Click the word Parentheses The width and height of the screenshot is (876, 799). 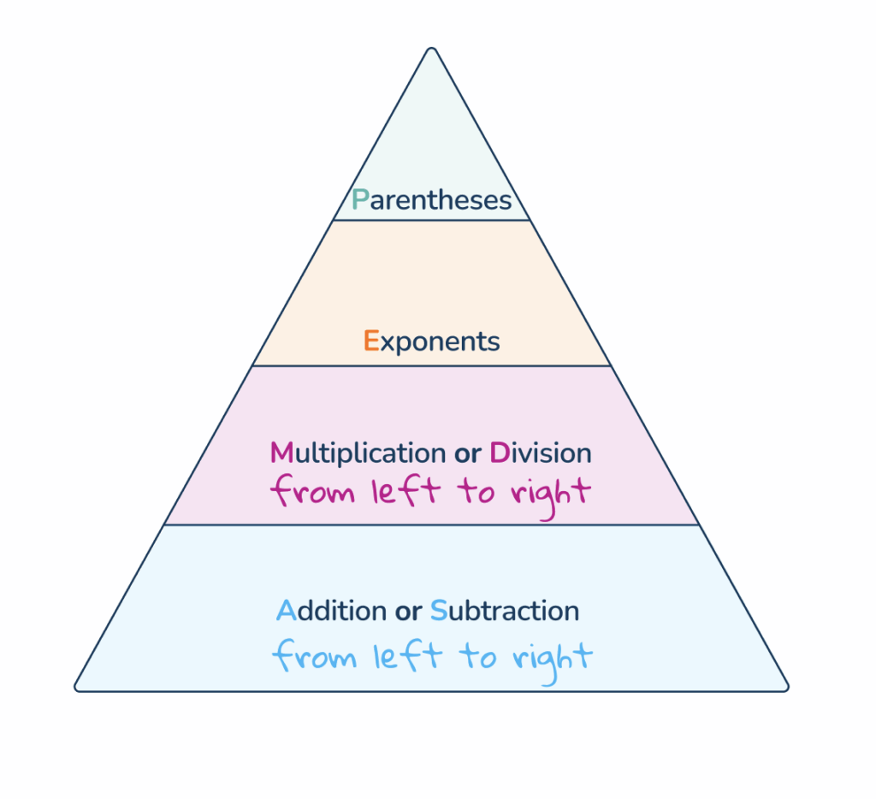[431, 201]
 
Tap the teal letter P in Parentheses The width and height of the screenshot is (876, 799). [360, 200]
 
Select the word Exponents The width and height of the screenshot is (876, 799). [431, 341]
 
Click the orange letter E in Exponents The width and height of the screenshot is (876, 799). [370, 340]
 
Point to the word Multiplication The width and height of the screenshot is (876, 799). [358, 453]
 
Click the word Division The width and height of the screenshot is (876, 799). [540, 453]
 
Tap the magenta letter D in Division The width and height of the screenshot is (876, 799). [499, 453]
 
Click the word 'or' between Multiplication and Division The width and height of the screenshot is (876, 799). [467, 453]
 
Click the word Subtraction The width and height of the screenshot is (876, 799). [504, 611]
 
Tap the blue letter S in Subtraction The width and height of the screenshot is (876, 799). [438, 611]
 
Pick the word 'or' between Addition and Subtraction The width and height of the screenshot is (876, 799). [407, 613]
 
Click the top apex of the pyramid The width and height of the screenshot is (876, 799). [432, 50]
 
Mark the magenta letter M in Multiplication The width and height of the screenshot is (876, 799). [281, 453]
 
